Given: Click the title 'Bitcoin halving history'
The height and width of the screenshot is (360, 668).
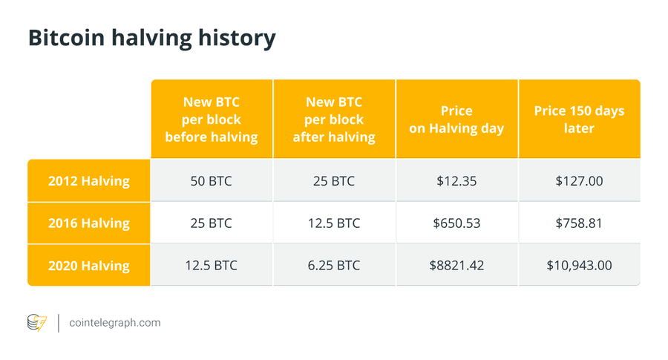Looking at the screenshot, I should pos(151,38).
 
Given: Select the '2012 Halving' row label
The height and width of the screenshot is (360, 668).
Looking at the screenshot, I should pos(88,180).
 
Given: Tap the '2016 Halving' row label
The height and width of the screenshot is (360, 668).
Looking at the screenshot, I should pos(88,223).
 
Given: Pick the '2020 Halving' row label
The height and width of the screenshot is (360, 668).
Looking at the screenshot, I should pos(88,265).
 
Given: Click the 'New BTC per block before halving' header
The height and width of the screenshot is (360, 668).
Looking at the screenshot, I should pos(212,119).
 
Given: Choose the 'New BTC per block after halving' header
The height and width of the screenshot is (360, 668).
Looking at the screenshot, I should pos(334,119).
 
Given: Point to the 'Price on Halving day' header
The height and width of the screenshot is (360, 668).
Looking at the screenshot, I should pos(456,119).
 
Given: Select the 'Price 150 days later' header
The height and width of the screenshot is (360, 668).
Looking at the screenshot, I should pos(579,119).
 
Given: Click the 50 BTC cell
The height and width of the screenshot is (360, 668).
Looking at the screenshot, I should pos(212,180).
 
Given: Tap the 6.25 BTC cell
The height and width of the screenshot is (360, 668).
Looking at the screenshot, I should pos(334,265).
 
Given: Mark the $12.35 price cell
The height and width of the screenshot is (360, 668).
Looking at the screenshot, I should pos(456,180).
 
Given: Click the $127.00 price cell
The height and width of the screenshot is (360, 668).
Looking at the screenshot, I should pos(579,180).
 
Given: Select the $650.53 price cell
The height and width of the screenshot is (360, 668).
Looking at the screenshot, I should pos(456,223).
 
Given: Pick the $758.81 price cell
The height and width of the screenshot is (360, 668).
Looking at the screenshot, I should pos(579,223).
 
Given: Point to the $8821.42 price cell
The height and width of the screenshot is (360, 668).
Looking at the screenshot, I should pos(456,265).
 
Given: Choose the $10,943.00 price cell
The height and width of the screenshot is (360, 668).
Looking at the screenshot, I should pos(579,265).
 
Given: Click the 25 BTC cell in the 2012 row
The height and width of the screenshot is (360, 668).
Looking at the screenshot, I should pos(334,180).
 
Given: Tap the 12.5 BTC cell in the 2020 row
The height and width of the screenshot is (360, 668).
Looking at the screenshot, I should pos(212,265).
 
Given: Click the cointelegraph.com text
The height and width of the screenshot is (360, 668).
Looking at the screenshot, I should pos(114,323).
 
